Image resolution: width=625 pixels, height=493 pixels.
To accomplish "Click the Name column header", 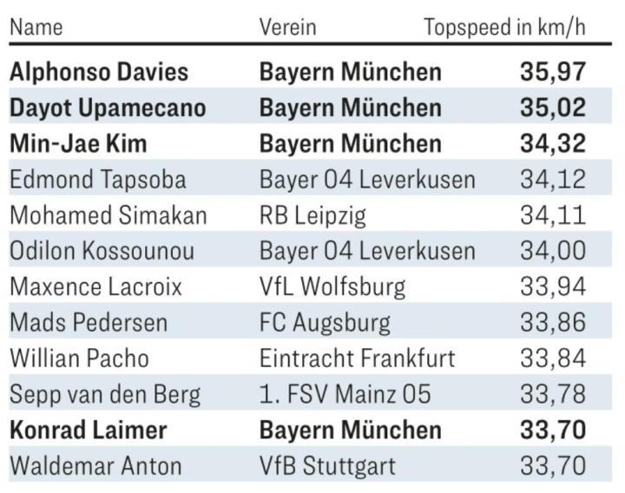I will tap(36, 27).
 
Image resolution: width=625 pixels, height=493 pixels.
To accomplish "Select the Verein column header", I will tap(287, 27).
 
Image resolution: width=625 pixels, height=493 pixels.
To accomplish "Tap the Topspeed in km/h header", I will tap(504, 27).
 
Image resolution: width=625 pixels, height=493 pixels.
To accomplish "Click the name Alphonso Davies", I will tap(99, 71).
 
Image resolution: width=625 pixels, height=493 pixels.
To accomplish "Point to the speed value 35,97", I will tap(553, 71).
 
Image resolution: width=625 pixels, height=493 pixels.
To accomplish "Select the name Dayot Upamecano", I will tap(108, 108).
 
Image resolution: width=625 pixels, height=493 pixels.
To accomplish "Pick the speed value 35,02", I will tap(553, 108).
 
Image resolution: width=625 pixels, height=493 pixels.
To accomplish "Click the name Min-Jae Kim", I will tap(78, 143).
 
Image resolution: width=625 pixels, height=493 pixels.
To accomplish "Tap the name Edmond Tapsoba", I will tap(97, 180).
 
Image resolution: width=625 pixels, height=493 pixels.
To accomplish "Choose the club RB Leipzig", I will tap(312, 215).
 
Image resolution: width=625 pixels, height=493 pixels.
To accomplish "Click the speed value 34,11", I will tap(553, 215).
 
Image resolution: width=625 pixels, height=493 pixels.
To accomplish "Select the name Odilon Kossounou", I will tap(102, 252).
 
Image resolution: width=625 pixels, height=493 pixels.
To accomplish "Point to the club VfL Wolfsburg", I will tap(332, 286).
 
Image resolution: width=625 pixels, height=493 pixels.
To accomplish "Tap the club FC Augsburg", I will tap(325, 323).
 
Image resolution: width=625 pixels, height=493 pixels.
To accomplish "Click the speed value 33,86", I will tap(553, 323).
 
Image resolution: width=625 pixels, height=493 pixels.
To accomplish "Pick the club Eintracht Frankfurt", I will tap(357, 358).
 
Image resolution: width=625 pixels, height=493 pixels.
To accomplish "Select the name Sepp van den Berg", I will tap(105, 395).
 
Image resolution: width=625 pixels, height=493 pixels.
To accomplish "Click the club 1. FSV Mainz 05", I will tap(345, 395).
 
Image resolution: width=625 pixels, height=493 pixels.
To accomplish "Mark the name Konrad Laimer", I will tap(88, 430).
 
